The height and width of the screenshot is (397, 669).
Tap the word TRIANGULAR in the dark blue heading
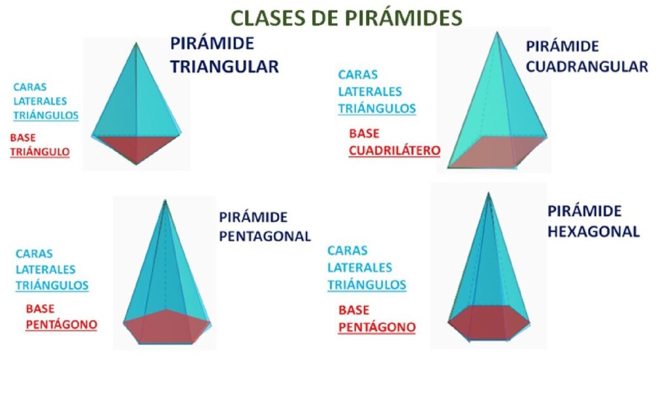(x=225, y=67)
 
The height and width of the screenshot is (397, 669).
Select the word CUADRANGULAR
(x=587, y=67)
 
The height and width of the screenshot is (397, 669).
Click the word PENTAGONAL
(x=265, y=236)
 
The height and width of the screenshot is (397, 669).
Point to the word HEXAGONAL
(x=593, y=232)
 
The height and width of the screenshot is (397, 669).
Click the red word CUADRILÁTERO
(x=394, y=150)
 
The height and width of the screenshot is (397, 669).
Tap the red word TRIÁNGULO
(x=40, y=152)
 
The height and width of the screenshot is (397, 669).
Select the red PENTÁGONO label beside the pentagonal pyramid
(x=61, y=325)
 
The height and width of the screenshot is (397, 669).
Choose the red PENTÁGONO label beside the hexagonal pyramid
(x=377, y=327)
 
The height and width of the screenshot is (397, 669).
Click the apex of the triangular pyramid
(x=136, y=43)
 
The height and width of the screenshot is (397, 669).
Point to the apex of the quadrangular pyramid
(x=497, y=33)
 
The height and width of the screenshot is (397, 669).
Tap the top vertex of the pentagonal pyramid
(x=165, y=200)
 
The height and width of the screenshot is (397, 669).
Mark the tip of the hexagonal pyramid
(x=489, y=194)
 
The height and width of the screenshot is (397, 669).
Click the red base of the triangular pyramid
(x=136, y=146)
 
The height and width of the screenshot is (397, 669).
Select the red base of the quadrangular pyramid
(x=497, y=152)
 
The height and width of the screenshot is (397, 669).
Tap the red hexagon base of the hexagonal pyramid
(x=489, y=322)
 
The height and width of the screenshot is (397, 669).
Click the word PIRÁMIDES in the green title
(x=404, y=18)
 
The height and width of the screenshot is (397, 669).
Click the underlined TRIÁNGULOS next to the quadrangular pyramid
(x=377, y=109)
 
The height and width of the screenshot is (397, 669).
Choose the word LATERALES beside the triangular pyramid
(x=40, y=101)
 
